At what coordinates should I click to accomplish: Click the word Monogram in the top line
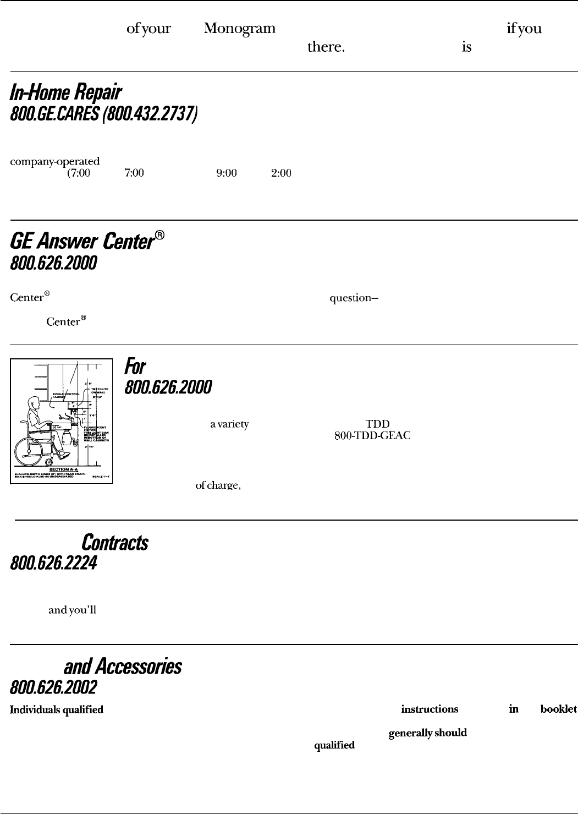[239, 29]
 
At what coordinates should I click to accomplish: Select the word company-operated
[54, 162]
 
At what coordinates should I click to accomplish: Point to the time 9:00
[227, 173]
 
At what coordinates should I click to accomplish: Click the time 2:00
[280, 173]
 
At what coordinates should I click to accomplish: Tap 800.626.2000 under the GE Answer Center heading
[53, 264]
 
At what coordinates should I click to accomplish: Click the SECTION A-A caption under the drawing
[62, 469]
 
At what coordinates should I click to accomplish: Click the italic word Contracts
[114, 543]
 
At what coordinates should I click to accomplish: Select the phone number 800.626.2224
[53, 564]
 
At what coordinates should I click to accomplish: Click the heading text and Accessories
[123, 667]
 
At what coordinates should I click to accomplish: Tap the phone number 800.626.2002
[53, 687]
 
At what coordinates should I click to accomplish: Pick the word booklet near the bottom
[559, 709]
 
